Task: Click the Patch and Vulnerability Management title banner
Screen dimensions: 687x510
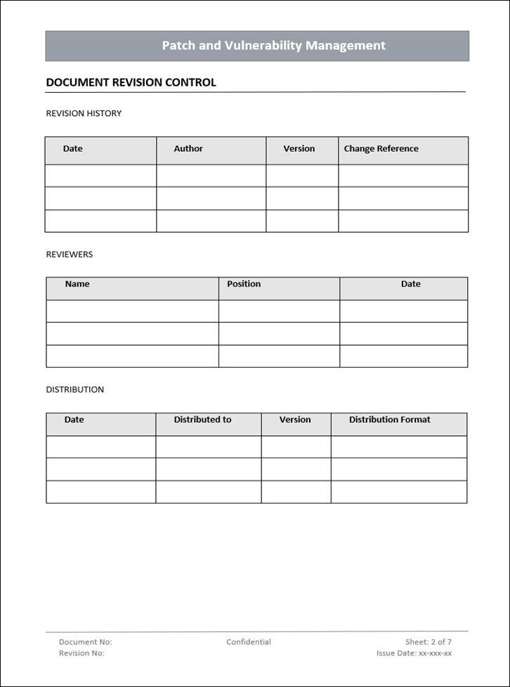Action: pyautogui.click(x=273, y=46)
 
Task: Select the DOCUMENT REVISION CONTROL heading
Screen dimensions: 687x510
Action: pyautogui.click(x=131, y=82)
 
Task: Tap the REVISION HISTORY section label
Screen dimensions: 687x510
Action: pyautogui.click(x=84, y=113)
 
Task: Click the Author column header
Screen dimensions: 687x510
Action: pyautogui.click(x=188, y=149)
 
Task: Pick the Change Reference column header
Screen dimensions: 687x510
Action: pyautogui.click(x=381, y=149)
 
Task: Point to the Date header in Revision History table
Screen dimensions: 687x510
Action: pyautogui.click(x=73, y=149)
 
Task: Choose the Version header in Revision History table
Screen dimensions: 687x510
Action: pyautogui.click(x=299, y=149)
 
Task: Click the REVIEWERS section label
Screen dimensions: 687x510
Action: pyautogui.click(x=69, y=255)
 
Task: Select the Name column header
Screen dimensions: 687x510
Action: pyautogui.click(x=77, y=284)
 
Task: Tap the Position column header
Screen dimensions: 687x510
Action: pyautogui.click(x=244, y=284)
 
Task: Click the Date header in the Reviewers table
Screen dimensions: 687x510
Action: pyautogui.click(x=411, y=284)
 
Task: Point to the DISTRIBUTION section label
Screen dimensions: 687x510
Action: pyautogui.click(x=74, y=390)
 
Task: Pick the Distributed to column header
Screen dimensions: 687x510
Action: pyautogui.click(x=202, y=420)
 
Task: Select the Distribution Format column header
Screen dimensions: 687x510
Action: pyautogui.click(x=390, y=420)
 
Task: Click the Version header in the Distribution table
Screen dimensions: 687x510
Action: pyautogui.click(x=295, y=420)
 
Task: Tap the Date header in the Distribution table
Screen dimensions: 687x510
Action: pyautogui.click(x=74, y=420)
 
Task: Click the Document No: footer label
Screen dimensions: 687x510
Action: pyautogui.click(x=85, y=642)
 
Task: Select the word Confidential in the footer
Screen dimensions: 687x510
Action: pyautogui.click(x=249, y=642)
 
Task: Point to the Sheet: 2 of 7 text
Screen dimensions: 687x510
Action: pyautogui.click(x=429, y=642)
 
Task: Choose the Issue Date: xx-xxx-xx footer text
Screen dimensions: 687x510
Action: pyautogui.click(x=414, y=653)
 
